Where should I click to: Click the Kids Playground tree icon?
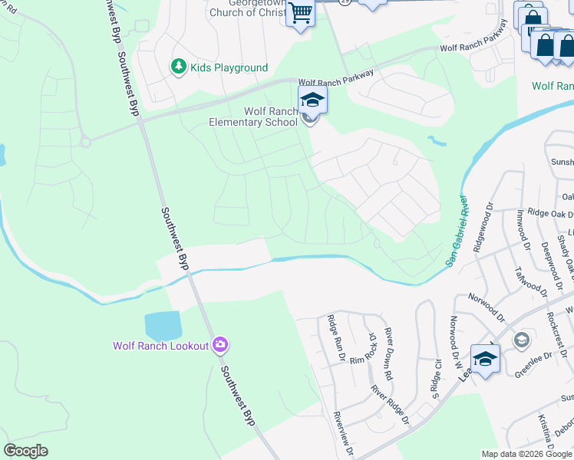179,67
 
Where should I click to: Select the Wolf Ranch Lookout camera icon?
220,346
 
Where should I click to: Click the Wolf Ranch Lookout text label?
161,346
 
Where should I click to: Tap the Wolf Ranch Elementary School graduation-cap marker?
312,100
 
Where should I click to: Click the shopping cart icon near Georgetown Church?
300,13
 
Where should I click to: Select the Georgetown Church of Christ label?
248,8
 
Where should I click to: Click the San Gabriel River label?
457,229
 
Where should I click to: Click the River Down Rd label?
389,354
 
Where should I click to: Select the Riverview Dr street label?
341,434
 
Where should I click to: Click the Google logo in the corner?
25,451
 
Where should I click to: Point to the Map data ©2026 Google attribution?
526,454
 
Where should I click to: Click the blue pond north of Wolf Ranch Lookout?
162,326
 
